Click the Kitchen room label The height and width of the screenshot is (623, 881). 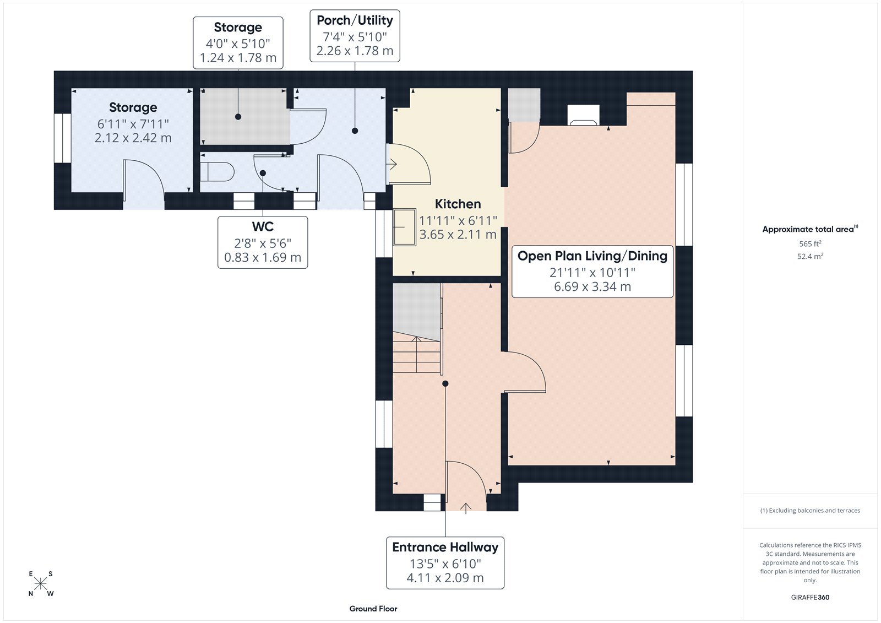[x=458, y=204]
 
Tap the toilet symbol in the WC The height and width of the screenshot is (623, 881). [x=217, y=172]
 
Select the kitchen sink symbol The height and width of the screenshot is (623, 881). [x=404, y=226]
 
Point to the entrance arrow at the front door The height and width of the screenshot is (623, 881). [x=465, y=508]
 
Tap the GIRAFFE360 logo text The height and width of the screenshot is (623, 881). [x=810, y=597]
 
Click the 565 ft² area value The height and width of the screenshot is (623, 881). [x=810, y=243]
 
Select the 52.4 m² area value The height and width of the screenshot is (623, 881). [x=810, y=256]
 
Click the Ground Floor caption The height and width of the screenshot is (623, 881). [x=373, y=609]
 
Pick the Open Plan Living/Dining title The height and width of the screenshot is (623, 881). [x=592, y=256]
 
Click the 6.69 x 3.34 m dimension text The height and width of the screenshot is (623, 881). [x=592, y=286]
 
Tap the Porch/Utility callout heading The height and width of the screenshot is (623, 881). [x=355, y=20]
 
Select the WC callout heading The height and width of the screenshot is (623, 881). [x=263, y=226]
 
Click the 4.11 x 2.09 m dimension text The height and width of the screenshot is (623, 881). [x=445, y=578]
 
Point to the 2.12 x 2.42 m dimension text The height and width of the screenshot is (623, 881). [x=133, y=138]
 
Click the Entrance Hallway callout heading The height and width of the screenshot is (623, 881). [x=445, y=547]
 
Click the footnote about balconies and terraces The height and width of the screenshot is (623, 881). [x=810, y=511]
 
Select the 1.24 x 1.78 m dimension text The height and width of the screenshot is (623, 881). [x=238, y=58]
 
